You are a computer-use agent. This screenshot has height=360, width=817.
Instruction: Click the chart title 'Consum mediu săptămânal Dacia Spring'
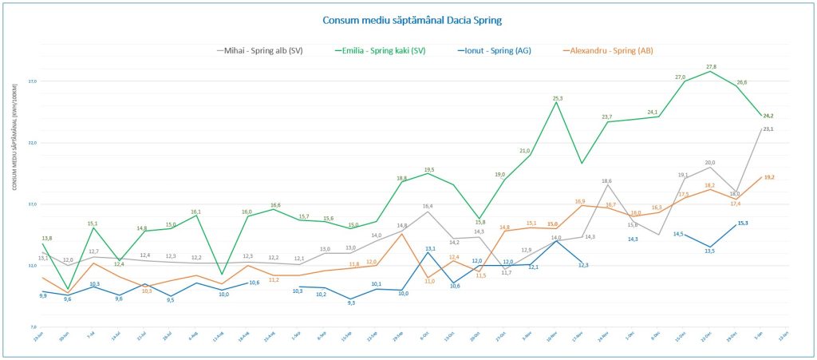point(412,20)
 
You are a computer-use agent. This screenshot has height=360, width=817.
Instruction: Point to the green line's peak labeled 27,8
point(711,67)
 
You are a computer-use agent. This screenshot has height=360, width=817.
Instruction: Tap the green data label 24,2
point(768,117)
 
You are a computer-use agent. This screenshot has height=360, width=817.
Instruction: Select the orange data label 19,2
point(770,177)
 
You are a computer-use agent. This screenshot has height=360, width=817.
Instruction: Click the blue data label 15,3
point(742,224)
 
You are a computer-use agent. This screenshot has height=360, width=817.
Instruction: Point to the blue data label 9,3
point(350,303)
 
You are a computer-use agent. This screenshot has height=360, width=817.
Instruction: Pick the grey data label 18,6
point(607,181)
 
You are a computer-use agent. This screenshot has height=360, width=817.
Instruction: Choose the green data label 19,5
point(429,170)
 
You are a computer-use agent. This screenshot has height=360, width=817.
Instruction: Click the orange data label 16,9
point(580,201)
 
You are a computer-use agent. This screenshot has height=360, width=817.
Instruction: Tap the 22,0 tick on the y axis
point(32,143)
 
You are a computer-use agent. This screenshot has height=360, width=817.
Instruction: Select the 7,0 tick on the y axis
point(33,327)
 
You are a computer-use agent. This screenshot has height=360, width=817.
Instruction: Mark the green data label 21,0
point(525,150)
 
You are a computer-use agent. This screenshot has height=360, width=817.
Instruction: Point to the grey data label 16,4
point(428,207)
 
